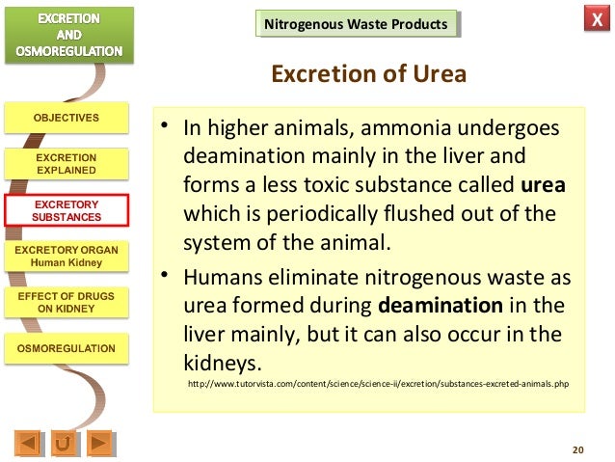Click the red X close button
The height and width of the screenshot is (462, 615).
(592, 22)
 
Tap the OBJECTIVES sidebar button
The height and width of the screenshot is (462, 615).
(66, 119)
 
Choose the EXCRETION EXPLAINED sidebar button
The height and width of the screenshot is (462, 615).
(66, 163)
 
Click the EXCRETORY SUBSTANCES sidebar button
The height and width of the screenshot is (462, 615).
(66, 210)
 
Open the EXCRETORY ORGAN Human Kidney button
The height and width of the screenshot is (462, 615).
(66, 256)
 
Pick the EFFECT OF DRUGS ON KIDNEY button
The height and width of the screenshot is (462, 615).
(66, 302)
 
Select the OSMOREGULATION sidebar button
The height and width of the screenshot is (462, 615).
(66, 348)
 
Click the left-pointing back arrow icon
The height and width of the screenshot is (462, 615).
(29, 443)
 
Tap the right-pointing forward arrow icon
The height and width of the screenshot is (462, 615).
(100, 443)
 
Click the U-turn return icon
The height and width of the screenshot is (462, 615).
(65, 443)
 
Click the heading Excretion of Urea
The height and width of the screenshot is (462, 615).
(369, 74)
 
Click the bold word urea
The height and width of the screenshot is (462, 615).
(543, 184)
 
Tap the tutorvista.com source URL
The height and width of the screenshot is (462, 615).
(379, 384)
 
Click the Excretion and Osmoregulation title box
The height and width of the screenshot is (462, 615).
(67, 34)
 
